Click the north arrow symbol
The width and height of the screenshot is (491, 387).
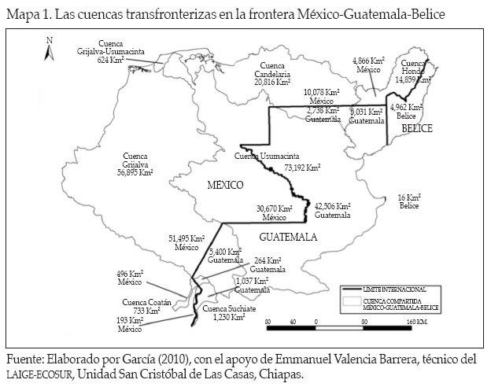49,50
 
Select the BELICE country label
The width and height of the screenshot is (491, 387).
416,129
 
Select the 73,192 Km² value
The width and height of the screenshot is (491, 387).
302,168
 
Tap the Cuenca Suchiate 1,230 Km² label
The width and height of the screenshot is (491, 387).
225,313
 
